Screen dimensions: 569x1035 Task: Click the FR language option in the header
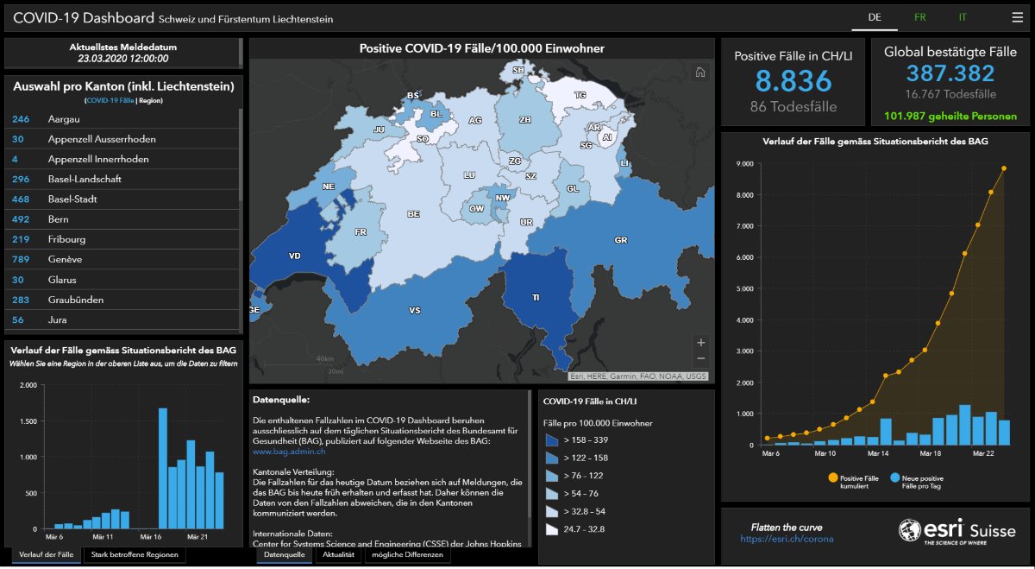(919, 17)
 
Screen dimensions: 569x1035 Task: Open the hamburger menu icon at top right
(1018, 17)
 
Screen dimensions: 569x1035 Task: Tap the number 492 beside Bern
(21, 219)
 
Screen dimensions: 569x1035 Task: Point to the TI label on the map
(536, 297)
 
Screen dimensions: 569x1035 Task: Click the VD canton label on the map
(295, 256)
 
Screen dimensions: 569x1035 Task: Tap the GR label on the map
(621, 240)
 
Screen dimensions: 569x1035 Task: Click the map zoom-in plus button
(700, 342)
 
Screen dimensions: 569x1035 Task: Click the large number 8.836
(793, 81)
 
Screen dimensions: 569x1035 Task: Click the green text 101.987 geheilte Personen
(950, 117)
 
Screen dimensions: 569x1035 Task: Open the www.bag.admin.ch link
(289, 451)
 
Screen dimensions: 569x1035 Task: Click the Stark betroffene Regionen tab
(134, 554)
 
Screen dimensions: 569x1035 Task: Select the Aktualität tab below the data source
(337, 554)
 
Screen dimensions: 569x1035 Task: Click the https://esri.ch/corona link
(787, 539)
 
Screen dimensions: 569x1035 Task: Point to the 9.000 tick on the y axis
(741, 163)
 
